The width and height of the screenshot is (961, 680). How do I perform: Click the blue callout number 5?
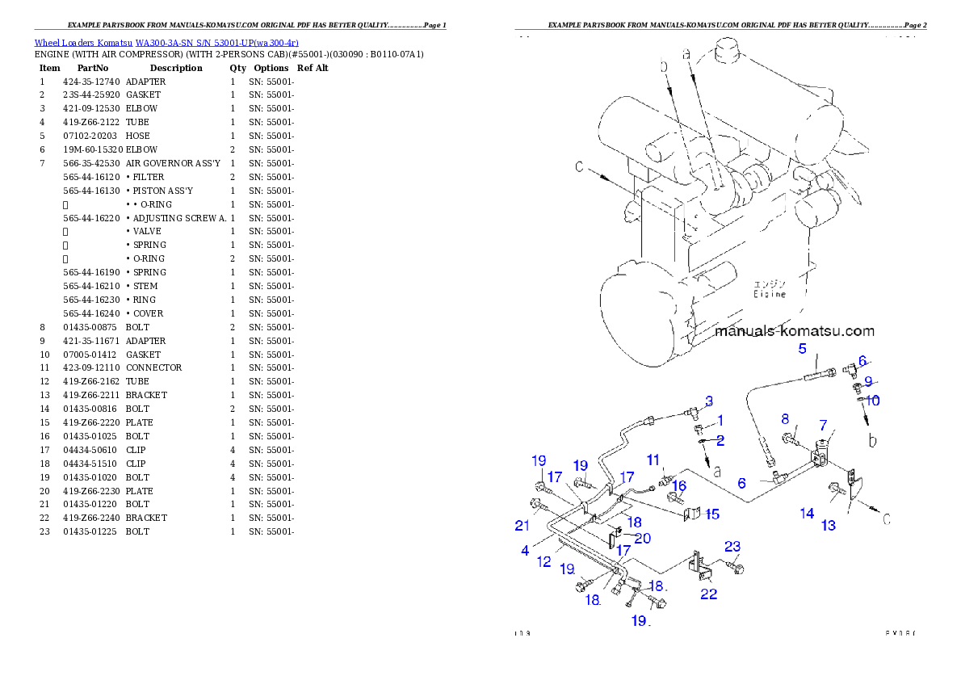pyautogui.click(x=803, y=349)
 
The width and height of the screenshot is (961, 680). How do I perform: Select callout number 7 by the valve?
pyautogui.click(x=823, y=425)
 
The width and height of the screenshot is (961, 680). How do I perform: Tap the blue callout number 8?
pyautogui.click(x=784, y=418)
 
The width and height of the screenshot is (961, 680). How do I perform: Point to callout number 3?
pyautogui.click(x=708, y=401)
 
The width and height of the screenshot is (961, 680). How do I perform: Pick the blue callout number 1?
pyautogui.click(x=720, y=420)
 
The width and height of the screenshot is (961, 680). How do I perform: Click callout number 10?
pyautogui.click(x=873, y=400)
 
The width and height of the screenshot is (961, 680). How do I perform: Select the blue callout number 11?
pyautogui.click(x=654, y=460)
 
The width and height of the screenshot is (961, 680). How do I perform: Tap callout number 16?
pyautogui.click(x=680, y=485)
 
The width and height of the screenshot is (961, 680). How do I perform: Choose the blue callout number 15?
pyautogui.click(x=711, y=514)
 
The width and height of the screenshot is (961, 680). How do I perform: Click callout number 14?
pyautogui.click(x=807, y=513)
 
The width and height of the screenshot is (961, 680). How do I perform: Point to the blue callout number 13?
pyautogui.click(x=829, y=526)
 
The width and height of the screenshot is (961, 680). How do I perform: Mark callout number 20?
pyautogui.click(x=643, y=538)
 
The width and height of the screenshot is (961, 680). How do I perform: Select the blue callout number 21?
pyautogui.click(x=522, y=526)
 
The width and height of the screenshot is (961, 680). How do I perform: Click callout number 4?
pyautogui.click(x=525, y=551)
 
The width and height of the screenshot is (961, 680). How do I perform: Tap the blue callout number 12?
pyautogui.click(x=544, y=561)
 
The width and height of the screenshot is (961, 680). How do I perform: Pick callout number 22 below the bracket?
pyautogui.click(x=709, y=594)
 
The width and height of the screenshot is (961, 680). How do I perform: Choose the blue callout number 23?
pyautogui.click(x=732, y=547)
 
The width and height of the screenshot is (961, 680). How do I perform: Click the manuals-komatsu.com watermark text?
pyautogui.click(x=795, y=331)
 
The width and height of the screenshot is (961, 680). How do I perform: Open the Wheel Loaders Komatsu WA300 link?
pyautogui.click(x=166, y=43)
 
